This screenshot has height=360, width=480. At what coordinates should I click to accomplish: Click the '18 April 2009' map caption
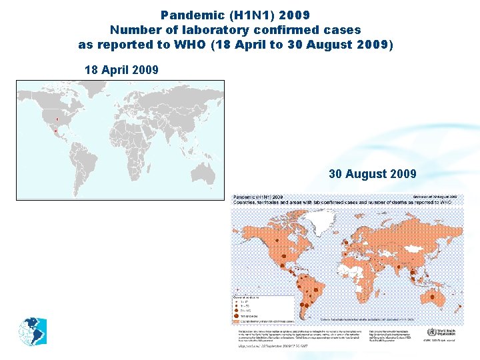click(122, 69)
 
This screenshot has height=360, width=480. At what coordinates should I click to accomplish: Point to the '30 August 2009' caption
click(372, 174)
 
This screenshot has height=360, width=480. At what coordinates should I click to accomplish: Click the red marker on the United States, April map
click(57, 119)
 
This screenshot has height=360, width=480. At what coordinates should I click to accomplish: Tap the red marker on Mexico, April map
click(55, 131)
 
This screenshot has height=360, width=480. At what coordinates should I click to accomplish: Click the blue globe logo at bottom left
click(29, 331)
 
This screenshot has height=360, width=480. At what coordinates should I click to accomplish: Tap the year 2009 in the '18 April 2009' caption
click(146, 69)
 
